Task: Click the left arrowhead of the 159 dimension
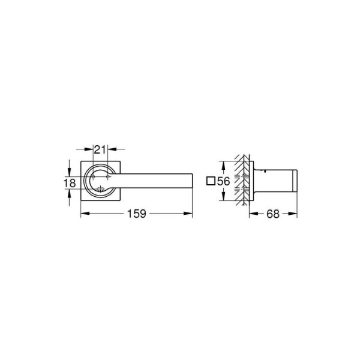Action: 83,213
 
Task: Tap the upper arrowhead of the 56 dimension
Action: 223,164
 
